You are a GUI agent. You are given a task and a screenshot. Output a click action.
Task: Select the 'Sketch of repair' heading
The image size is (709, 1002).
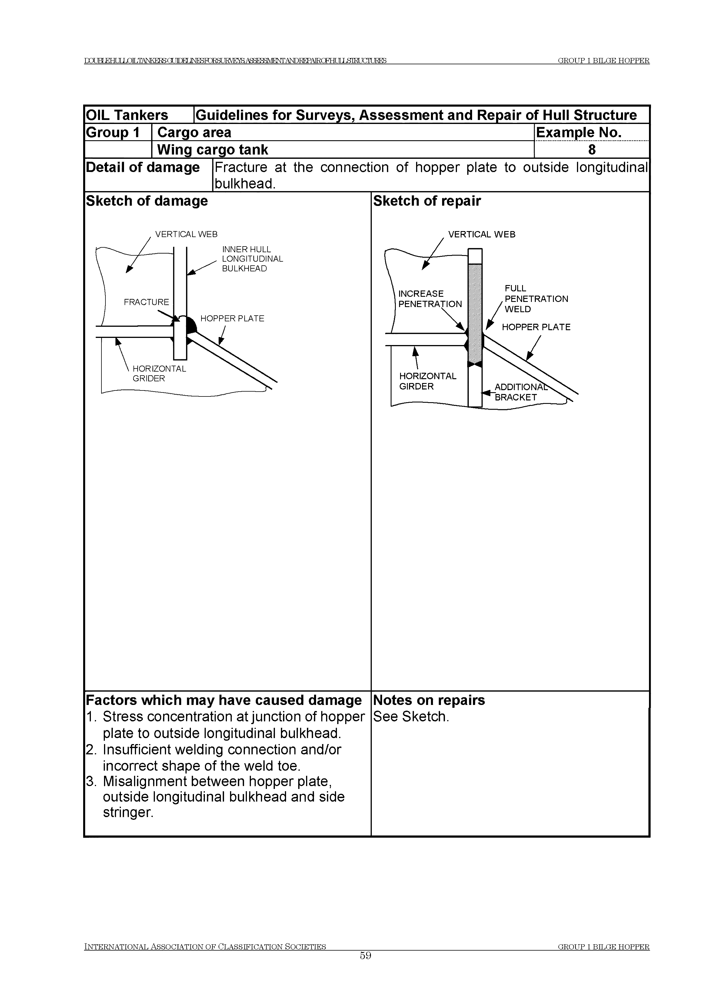[427, 201]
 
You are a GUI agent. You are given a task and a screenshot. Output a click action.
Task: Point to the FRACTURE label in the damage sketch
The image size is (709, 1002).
[146, 302]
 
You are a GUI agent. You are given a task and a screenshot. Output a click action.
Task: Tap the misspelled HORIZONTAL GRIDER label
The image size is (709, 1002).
[159, 374]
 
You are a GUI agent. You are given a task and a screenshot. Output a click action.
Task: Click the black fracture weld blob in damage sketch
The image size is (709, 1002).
[191, 325]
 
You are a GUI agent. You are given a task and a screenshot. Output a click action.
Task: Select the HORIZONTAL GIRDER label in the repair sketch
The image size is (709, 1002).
[428, 381]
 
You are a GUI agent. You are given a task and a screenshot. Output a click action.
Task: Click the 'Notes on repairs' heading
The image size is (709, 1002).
[429, 700]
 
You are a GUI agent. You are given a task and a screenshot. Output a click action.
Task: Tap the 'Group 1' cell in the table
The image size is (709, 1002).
[113, 132]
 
